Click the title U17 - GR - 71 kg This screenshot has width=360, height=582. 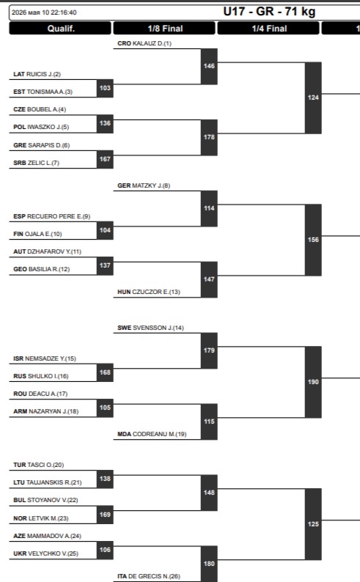pyautogui.click(x=269, y=12)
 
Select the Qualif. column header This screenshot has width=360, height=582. pyautogui.click(x=60, y=28)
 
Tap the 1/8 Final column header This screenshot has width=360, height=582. pyautogui.click(x=164, y=28)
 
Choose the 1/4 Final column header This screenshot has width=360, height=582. pyautogui.click(x=268, y=28)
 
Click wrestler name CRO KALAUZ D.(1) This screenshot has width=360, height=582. pyautogui.click(x=144, y=43)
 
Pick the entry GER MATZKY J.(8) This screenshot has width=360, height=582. pyautogui.click(x=144, y=185)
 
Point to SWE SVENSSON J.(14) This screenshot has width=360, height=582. pyautogui.click(x=150, y=328)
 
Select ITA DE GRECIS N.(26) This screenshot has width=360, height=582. pyautogui.click(x=149, y=576)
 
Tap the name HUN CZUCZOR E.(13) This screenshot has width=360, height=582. pyautogui.click(x=149, y=292)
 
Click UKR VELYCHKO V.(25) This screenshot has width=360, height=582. pyautogui.click(x=45, y=553)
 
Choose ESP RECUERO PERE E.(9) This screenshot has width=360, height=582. pyautogui.click(x=51, y=216)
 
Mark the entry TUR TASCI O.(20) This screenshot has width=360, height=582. pyautogui.click(x=39, y=465)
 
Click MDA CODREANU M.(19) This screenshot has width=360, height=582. pyautogui.click(x=152, y=434)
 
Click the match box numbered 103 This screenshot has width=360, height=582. pyautogui.click(x=105, y=89)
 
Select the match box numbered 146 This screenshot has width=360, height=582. pyautogui.click(x=209, y=66)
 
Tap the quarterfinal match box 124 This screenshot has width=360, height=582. pyautogui.click(x=313, y=97)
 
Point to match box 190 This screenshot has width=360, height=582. pyautogui.click(x=313, y=382)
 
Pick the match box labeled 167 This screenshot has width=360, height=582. pyautogui.click(x=105, y=159)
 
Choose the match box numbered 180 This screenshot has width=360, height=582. pyautogui.click(x=209, y=564)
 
